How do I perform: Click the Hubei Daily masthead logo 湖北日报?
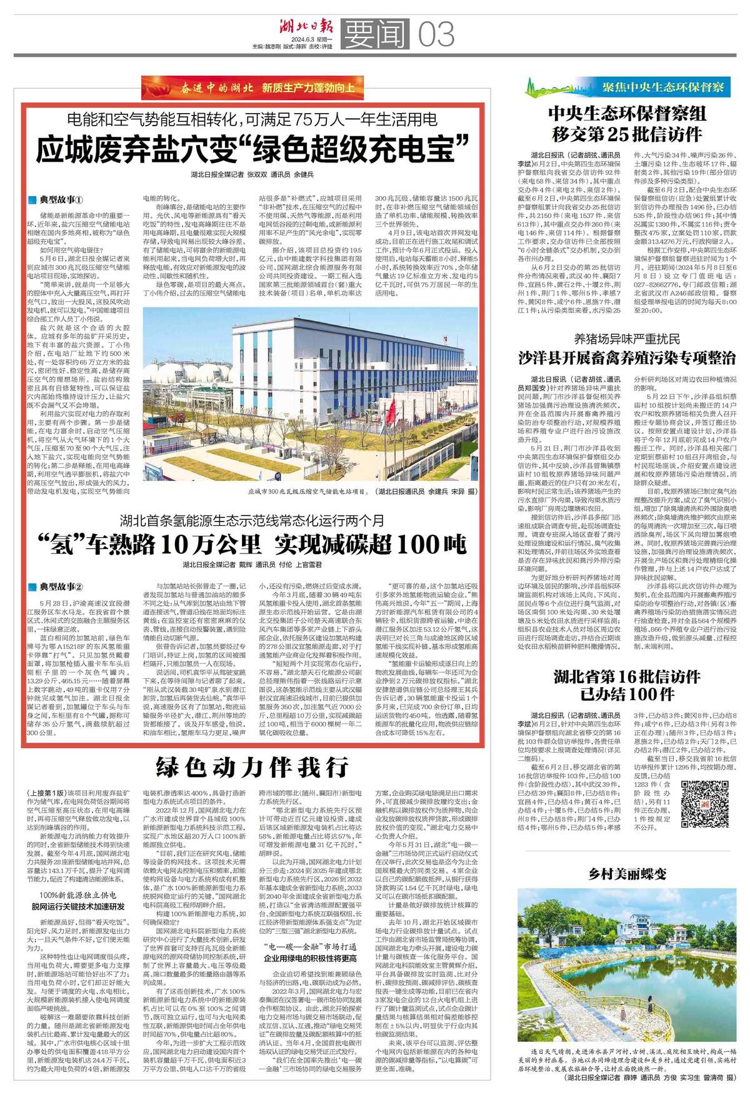click(306, 27)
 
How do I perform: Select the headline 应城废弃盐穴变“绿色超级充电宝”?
click(252, 149)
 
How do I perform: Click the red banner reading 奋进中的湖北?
click(252, 87)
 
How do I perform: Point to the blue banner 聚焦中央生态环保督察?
click(627, 87)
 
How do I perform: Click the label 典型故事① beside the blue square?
click(61, 201)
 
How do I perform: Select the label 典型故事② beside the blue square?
click(61, 587)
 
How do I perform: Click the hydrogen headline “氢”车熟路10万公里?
click(252, 545)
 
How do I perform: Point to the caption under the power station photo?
click(362, 492)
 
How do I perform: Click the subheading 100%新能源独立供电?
click(77, 895)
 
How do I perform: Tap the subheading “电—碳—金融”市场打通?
click(310, 946)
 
